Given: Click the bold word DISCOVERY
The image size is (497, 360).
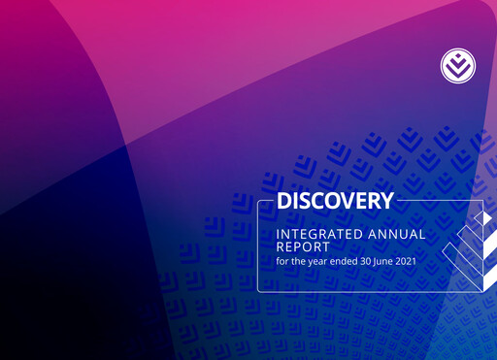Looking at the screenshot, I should click(335, 202).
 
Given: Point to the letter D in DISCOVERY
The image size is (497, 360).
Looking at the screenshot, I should click(284, 202).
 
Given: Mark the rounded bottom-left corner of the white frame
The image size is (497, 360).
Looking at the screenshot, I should click(260, 289).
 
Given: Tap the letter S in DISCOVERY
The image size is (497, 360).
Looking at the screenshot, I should click(305, 202).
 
